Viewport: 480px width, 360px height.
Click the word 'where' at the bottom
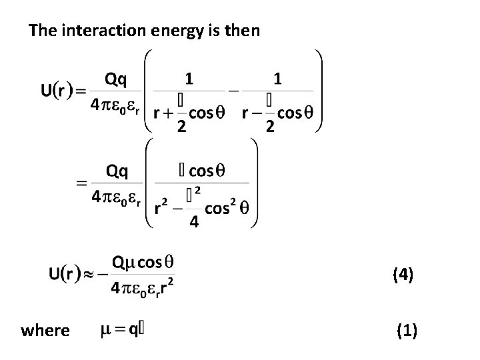click(45, 330)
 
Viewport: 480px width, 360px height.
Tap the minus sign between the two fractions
click(233, 89)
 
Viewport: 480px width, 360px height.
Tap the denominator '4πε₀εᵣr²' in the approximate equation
click(145, 289)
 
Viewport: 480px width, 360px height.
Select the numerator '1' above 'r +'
click(190, 79)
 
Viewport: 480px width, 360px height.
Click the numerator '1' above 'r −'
click(278, 79)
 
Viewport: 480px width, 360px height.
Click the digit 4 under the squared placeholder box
click(194, 222)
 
